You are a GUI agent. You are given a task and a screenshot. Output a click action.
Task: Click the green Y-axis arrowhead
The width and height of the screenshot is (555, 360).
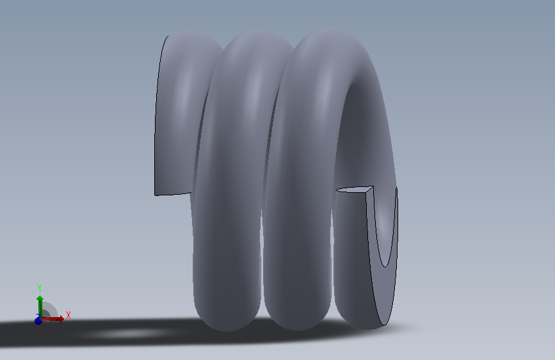pos(40,299)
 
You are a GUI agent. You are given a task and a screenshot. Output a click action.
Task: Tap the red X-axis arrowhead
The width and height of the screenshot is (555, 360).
pos(61,319)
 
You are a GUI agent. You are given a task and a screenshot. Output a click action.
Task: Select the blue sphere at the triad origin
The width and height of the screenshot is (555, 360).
pos(38,321)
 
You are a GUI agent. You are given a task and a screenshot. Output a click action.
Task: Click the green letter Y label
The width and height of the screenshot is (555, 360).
pos(40,288)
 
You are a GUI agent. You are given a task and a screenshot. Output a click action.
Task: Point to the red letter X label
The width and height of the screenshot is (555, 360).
pos(68,315)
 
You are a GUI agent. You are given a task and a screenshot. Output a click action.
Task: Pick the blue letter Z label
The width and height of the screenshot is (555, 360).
pos(38,316)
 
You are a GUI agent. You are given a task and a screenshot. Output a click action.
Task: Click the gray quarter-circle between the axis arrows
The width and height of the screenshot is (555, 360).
pos(49,309)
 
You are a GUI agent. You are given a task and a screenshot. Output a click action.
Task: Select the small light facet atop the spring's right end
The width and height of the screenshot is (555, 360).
pos(355,190)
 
